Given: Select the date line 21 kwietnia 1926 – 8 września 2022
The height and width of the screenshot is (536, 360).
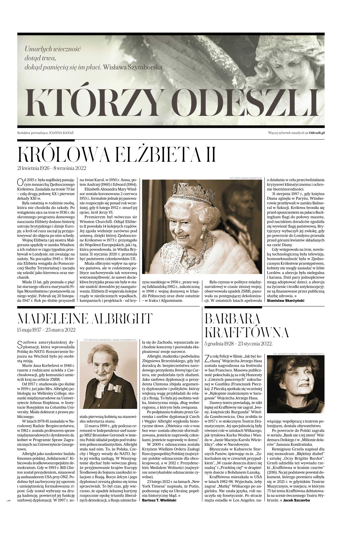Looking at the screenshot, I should point(52,168).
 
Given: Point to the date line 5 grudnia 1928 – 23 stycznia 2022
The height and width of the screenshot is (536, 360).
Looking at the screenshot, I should point(239,344).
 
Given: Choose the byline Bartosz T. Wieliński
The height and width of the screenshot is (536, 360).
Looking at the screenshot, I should point(159,500).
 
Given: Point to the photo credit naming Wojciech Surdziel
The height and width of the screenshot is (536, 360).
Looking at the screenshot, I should point(298,354).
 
